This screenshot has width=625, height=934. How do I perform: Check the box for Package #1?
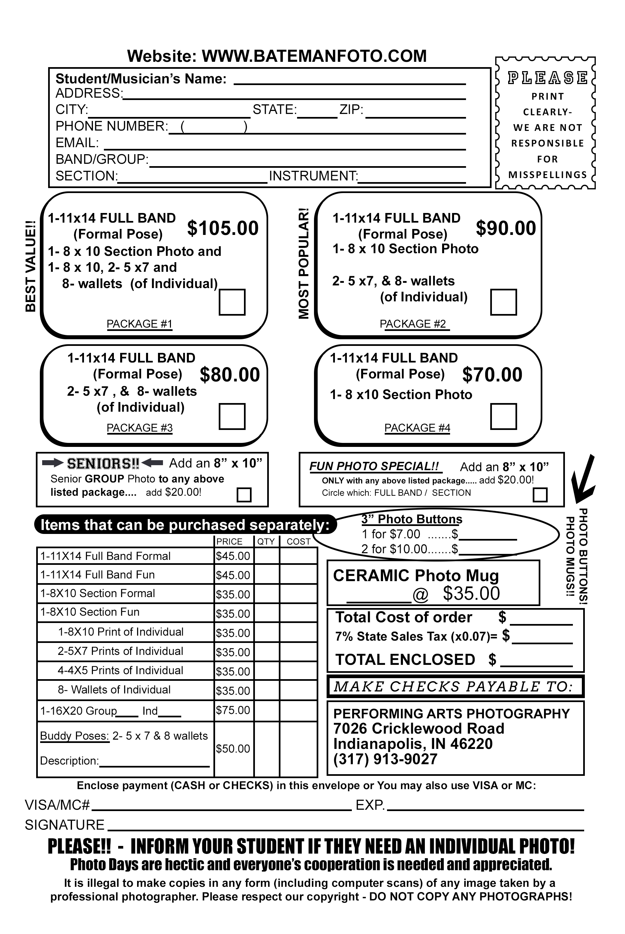pyautogui.click(x=232, y=302)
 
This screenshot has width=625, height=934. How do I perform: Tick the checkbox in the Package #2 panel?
pyautogui.click(x=504, y=302)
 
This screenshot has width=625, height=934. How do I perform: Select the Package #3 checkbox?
pyautogui.click(x=232, y=416)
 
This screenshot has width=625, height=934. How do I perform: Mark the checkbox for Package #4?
pyautogui.click(x=504, y=416)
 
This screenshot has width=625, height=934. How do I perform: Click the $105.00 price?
pyautogui.click(x=223, y=228)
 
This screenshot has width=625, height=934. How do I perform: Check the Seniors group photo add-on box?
pyautogui.click(x=244, y=495)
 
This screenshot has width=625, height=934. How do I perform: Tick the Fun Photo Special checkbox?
pyautogui.click(x=540, y=495)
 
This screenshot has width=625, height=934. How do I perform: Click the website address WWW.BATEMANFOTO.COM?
pyautogui.click(x=314, y=56)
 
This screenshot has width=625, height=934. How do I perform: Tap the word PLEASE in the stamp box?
pyautogui.click(x=547, y=78)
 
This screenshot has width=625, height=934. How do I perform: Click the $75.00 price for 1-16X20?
pyautogui.click(x=233, y=710)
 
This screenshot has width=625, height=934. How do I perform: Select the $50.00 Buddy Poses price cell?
pyautogui.click(x=233, y=749)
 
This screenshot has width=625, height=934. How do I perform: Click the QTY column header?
pyautogui.click(x=266, y=541)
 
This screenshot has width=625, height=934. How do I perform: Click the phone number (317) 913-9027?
pyautogui.click(x=385, y=759)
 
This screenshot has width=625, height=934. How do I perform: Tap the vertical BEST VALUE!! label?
pyautogui.click(x=31, y=266)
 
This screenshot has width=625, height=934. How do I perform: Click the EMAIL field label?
pyautogui.click(x=77, y=143)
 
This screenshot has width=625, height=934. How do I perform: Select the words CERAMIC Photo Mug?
pyautogui.click(x=416, y=576)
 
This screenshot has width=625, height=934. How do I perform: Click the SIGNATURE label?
pyautogui.click(x=65, y=825)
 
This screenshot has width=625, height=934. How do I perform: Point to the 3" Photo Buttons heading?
pyautogui.click(x=412, y=519)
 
